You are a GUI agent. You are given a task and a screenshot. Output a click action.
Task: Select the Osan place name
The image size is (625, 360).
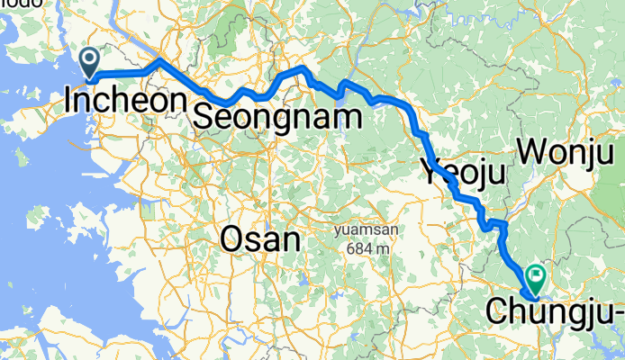(x=259, y=239)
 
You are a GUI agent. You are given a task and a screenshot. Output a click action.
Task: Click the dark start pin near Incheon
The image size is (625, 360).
(x=91, y=61)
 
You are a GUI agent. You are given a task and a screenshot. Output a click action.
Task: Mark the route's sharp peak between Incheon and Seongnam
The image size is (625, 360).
(x=159, y=60)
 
